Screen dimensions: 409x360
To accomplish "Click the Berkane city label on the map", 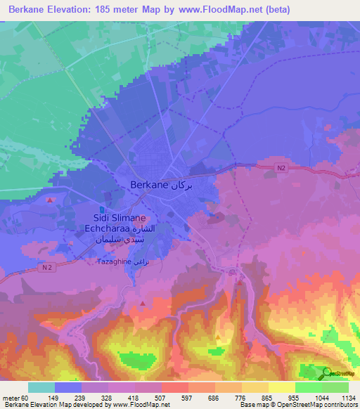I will (149, 185).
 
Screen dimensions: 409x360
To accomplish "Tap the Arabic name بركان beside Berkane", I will (181, 185).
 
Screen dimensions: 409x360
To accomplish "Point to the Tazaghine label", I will (112, 261).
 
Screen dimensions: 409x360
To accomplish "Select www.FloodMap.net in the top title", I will (217, 10).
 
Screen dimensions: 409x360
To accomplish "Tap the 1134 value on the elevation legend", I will (347, 397).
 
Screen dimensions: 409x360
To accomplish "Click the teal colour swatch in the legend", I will (41, 387).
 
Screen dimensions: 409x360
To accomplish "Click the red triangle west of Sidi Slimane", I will (49, 200).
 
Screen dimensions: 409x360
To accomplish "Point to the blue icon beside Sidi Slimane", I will (101, 209).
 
